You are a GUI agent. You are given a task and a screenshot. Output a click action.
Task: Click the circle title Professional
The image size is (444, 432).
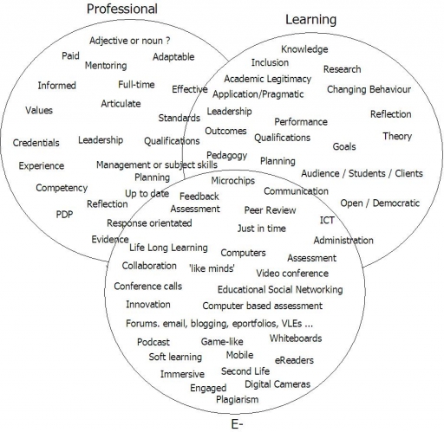pos(122,9)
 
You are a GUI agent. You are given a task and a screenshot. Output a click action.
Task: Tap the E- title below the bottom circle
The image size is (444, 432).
pos(237,424)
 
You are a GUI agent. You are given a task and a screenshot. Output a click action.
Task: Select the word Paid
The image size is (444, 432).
pos(70,55)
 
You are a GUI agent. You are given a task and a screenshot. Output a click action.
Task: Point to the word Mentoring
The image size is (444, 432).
pos(106,66)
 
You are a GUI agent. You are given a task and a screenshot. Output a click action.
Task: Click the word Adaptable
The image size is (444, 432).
pos(173,57)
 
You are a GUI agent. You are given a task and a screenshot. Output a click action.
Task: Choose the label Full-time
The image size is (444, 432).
pos(136,85)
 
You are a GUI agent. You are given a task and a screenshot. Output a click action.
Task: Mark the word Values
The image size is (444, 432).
pos(39,110)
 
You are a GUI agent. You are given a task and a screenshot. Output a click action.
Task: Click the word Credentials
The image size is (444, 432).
pos(36,143)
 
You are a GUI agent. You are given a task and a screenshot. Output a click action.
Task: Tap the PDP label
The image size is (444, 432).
pos(64,215)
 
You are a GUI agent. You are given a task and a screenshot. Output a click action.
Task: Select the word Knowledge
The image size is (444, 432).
pos(304,49)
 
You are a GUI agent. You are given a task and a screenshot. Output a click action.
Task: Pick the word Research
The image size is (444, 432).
pos(343,69)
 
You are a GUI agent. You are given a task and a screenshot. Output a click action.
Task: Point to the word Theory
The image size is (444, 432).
pos(397,136)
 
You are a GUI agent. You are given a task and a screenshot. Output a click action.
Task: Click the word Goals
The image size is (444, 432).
pos(344,146)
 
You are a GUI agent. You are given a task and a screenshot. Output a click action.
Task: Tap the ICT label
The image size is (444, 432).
pos(327,220)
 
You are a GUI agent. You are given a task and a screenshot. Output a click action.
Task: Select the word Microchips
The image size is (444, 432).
pos(233,181)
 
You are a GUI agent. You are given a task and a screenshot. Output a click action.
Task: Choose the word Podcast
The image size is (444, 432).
pos(153,342)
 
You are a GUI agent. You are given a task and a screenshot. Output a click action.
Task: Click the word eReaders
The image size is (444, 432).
pos(294,360)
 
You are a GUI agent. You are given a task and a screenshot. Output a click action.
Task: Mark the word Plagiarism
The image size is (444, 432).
pos(238,400)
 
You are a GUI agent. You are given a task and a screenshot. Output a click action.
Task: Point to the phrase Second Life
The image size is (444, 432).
pos(245,371)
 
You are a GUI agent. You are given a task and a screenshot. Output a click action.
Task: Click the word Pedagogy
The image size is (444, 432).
pos(227,156)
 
